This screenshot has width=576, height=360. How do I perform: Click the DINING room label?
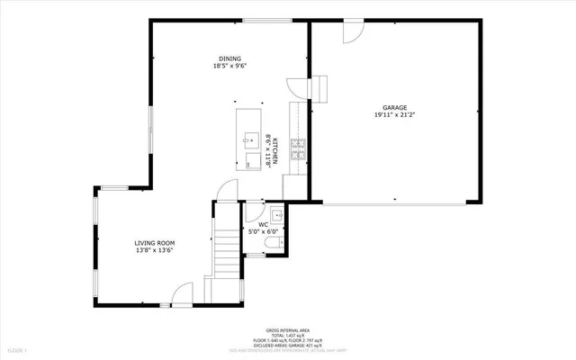tap(229, 58)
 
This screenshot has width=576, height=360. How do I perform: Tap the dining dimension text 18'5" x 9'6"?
tap(229, 66)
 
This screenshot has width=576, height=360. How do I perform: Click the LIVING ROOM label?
tap(154, 243)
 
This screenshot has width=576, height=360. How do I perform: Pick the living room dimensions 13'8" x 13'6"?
tap(154, 250)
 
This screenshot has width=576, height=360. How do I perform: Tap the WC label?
tap(264, 225)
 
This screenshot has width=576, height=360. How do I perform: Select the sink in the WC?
tap(278, 216)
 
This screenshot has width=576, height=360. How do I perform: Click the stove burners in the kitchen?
tap(300, 149)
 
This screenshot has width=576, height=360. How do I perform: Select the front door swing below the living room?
tap(184, 293)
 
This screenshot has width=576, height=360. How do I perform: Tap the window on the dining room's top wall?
tap(266, 22)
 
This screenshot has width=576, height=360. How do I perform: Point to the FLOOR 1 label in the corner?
tap(17, 348)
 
